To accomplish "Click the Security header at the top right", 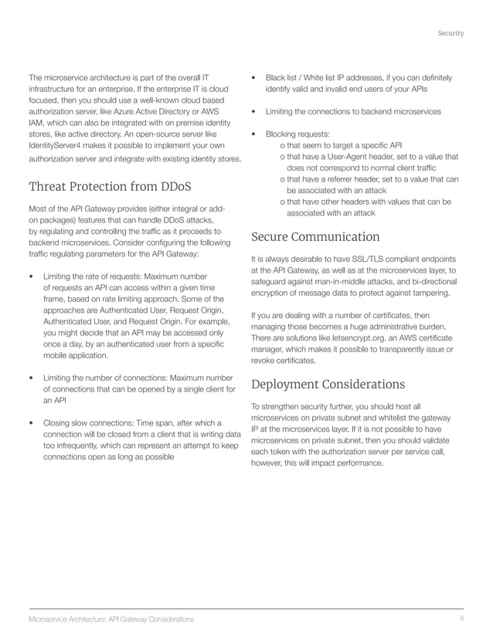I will pyautogui.click(x=450, y=33).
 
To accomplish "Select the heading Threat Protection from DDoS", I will pyautogui.click(x=110, y=187).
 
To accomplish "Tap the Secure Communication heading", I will pyautogui.click(x=315, y=236).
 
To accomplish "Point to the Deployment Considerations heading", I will pyautogui.click(x=328, y=384).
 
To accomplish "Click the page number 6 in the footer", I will pyautogui.click(x=461, y=619).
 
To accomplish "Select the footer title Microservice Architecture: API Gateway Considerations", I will pyautogui.click(x=111, y=619).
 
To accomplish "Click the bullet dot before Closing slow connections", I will pyautogui.click(x=30, y=423).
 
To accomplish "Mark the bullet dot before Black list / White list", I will pyautogui.click(x=253, y=78).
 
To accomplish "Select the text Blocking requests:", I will pyautogui.click(x=297, y=134).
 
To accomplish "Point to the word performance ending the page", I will pyautogui.click(x=359, y=463).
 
